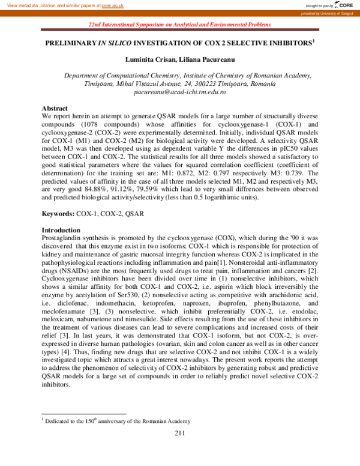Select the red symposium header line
tap(179, 25)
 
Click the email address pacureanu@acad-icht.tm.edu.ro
tap(179, 93)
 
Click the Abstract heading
tap(55, 107)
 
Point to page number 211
tap(180, 434)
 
